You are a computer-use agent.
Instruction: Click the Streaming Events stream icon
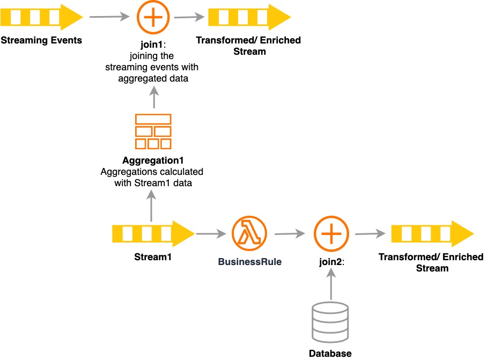[41, 17]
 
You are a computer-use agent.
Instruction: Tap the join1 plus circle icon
[153, 17]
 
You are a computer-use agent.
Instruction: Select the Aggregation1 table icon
[153, 131]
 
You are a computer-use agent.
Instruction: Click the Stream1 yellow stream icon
[153, 234]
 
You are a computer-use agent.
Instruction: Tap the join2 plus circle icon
[331, 234]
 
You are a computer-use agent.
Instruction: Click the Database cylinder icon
[330, 323]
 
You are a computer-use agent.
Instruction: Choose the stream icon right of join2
[432, 234]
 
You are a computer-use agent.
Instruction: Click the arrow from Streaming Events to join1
[110, 17]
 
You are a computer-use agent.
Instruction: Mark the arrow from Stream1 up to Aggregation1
[153, 207]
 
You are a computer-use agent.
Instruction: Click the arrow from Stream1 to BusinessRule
[211, 234]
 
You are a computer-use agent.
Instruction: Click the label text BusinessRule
[249, 262]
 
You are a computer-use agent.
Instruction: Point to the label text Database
[330, 353]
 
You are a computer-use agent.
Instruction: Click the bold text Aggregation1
[153, 160]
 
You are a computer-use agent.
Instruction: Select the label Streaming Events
[41, 40]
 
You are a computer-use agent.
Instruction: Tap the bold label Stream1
[153, 257]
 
